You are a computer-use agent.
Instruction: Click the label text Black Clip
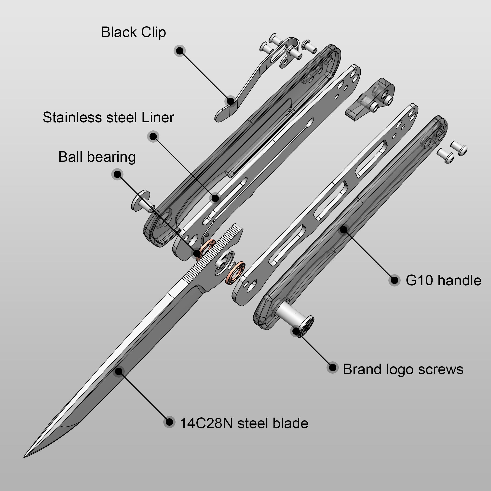pyautogui.click(x=133, y=32)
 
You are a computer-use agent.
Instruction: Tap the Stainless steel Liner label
pyautogui.click(x=108, y=117)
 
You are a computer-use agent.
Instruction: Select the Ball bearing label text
pyautogui.click(x=97, y=157)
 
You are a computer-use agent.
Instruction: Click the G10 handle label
pyautogui.click(x=443, y=281)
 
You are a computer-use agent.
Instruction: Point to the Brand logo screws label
pyautogui.click(x=403, y=369)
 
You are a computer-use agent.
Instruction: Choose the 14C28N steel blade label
pyautogui.click(x=244, y=423)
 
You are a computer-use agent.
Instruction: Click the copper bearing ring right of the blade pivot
pyautogui.click(x=235, y=273)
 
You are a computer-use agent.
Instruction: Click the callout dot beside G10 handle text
pyautogui.click(x=395, y=280)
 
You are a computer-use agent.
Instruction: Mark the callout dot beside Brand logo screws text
pyautogui.click(x=332, y=368)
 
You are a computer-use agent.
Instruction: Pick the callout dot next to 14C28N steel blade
pyautogui.click(x=169, y=422)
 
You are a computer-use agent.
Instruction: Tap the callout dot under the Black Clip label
pyautogui.click(x=180, y=51)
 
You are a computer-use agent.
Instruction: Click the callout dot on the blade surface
pyautogui.click(x=118, y=371)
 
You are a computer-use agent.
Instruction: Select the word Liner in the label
pyautogui.click(x=158, y=117)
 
